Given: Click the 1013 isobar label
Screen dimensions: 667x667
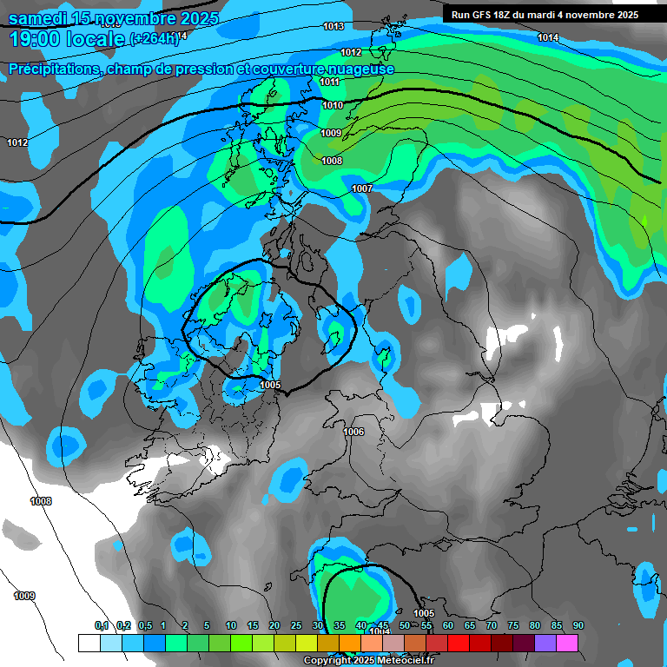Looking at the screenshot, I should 333,27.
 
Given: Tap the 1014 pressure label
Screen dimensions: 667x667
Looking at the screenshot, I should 547,37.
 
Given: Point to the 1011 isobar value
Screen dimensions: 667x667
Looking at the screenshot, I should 329,83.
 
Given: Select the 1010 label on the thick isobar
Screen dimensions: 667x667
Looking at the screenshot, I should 333,106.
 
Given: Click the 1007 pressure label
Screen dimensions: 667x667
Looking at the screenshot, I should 362,188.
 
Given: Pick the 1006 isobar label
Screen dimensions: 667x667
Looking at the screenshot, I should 353,433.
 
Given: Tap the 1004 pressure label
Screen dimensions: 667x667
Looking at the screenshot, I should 380,632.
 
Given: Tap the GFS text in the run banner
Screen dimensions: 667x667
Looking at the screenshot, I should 480,15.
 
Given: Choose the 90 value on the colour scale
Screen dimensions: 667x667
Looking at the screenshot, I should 578,625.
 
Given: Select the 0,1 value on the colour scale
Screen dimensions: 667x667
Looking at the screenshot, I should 102,625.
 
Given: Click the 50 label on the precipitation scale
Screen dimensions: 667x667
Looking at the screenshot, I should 405,625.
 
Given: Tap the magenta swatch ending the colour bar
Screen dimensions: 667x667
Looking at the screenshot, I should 567,643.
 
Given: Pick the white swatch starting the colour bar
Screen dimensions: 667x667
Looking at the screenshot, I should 89,643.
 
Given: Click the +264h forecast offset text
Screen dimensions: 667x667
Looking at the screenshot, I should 154,38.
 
